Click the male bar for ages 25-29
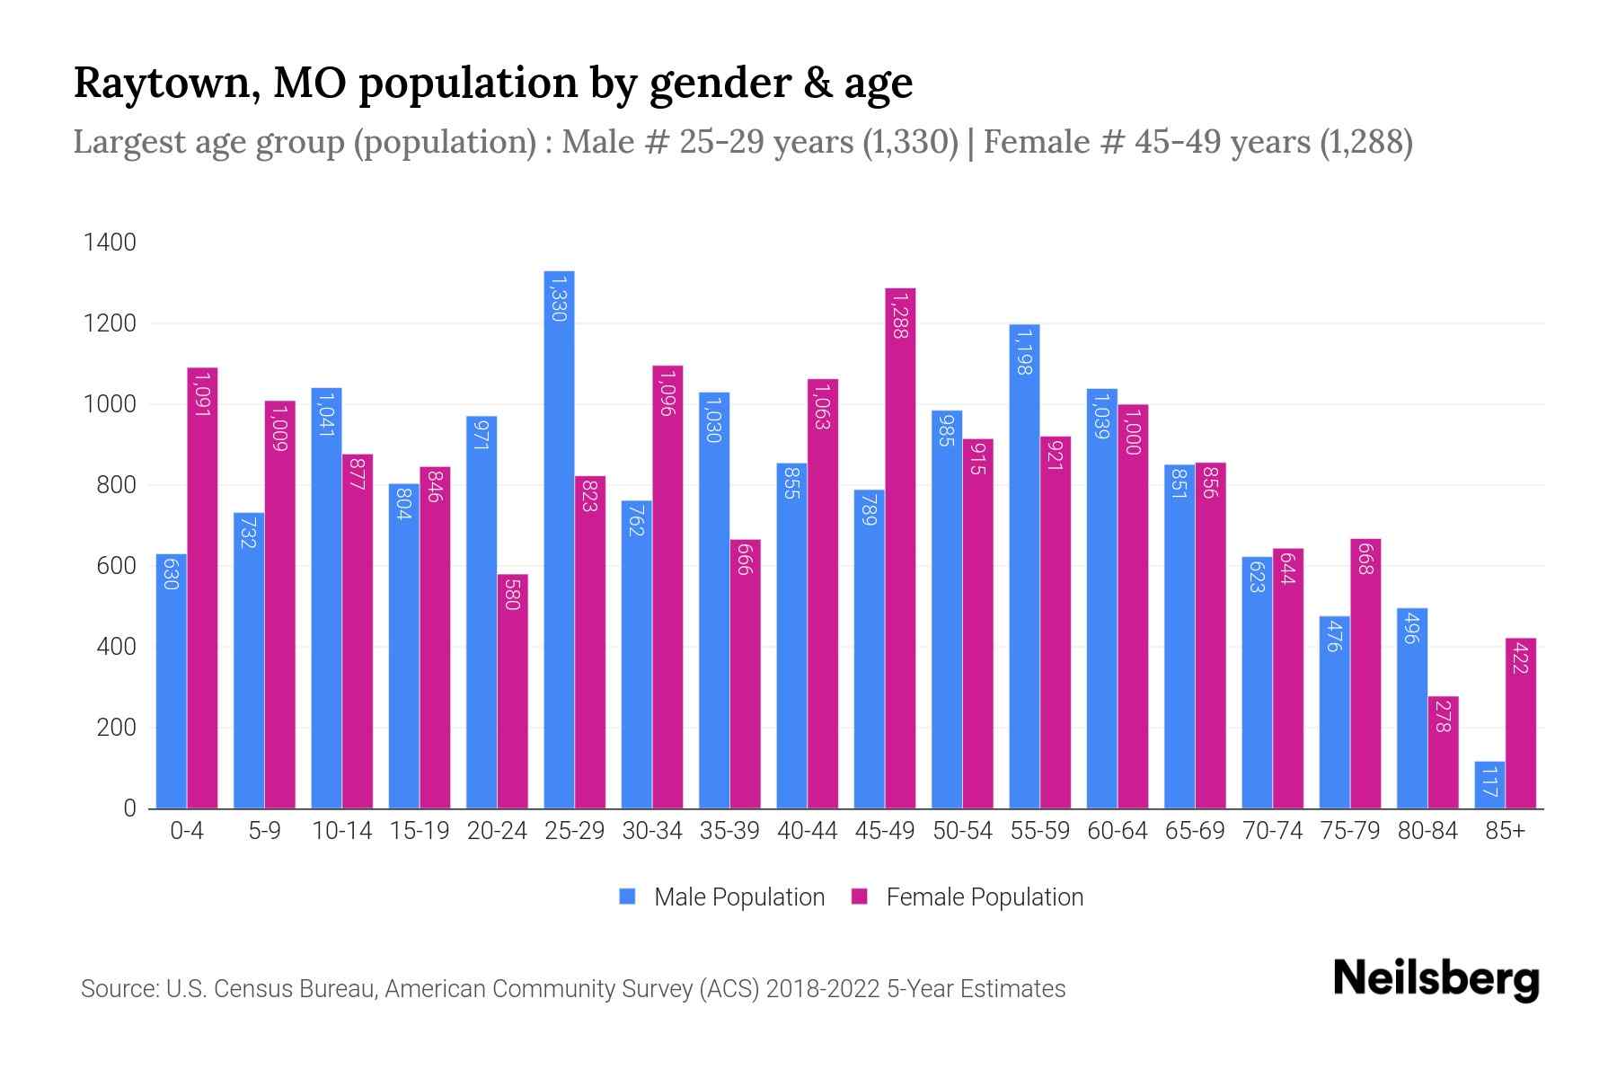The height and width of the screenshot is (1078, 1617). point(559,539)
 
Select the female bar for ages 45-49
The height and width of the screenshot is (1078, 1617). point(900,548)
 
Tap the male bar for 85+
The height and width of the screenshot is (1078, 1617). point(1489,785)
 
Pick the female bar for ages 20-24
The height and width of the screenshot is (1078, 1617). point(512,692)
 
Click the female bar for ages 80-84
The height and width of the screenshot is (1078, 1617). point(1443,753)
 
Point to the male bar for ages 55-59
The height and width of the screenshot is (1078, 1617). point(1024,566)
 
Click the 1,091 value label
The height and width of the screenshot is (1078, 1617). point(202,395)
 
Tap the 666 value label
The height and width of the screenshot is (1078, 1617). point(745,560)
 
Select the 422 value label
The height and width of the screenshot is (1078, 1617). point(1520,658)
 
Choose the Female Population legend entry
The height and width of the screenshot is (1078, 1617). point(968,897)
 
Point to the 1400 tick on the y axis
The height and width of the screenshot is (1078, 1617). point(110,243)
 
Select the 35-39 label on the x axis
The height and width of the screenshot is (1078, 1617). point(729,831)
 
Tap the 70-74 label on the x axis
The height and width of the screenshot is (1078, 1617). point(1272,831)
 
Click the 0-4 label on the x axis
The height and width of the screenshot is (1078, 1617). point(187,831)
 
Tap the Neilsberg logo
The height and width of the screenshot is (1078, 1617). point(1436,979)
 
